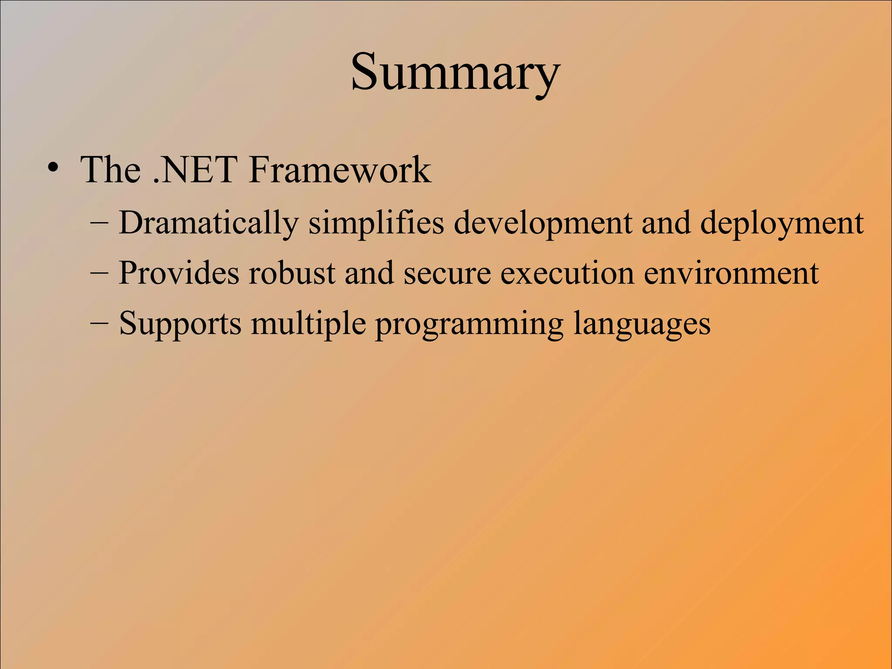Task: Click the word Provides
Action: tap(179, 274)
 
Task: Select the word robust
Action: tap(292, 274)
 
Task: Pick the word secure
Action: tap(446, 274)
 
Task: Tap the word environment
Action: tap(731, 274)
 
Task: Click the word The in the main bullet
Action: tap(110, 170)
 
